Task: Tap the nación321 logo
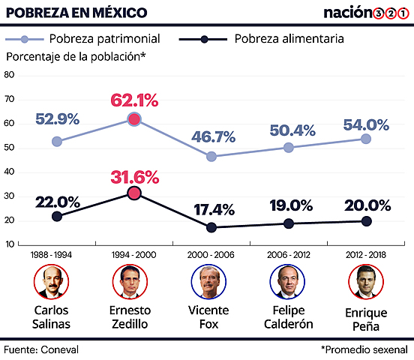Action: pyautogui.click(x=365, y=13)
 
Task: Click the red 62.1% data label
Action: pyautogui.click(x=134, y=100)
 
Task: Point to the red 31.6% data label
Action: pyautogui.click(x=134, y=177)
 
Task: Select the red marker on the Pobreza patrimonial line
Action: pyautogui.click(x=134, y=119)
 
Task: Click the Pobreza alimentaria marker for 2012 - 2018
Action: pyautogui.click(x=366, y=220)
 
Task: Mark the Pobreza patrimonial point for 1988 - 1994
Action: pyautogui.click(x=57, y=141)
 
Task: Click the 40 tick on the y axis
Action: pyautogui.click(x=9, y=172)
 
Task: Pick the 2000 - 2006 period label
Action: pyautogui.click(x=211, y=254)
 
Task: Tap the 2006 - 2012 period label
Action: pyautogui.click(x=289, y=254)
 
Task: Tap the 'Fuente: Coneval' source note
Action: pyautogui.click(x=41, y=349)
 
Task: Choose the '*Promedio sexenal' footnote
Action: pyautogui.click(x=364, y=349)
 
